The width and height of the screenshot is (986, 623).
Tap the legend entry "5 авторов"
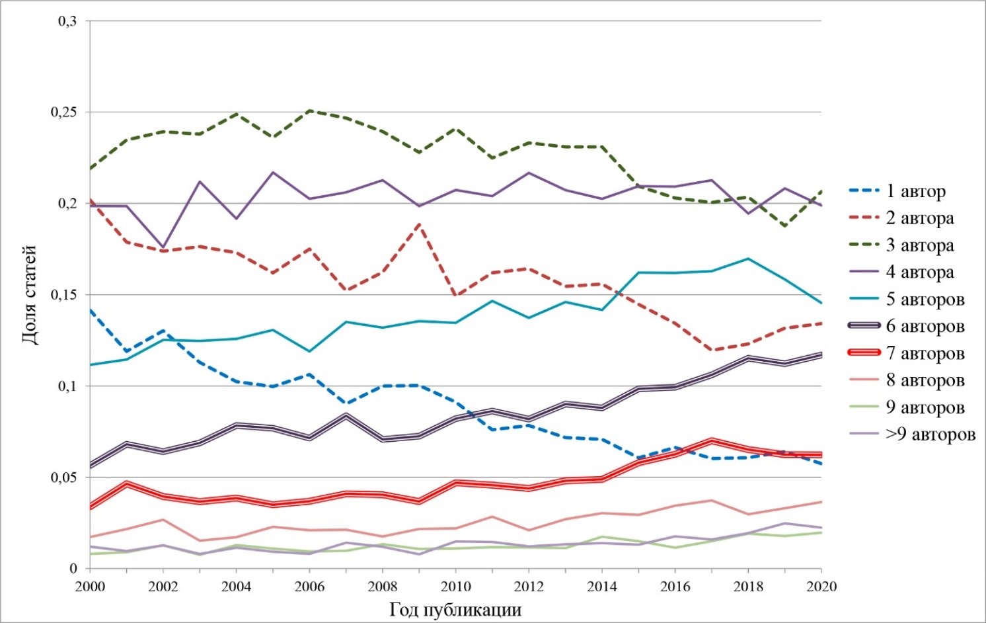[907, 299]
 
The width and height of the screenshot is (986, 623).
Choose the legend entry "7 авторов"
[907, 353]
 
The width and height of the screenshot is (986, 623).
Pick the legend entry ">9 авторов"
[912, 435]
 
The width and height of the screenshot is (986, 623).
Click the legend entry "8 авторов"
[907, 380]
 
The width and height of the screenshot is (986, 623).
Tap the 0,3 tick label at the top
[67, 21]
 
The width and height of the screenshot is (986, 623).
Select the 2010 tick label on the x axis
[455, 587]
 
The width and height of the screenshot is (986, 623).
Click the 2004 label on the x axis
[236, 587]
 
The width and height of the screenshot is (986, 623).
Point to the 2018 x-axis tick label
[748, 587]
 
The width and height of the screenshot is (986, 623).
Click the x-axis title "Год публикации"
[455, 610]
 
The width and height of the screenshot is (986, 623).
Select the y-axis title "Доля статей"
[30, 294]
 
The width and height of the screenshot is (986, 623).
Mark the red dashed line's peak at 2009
[420, 224]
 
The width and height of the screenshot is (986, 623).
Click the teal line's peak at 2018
[748, 258]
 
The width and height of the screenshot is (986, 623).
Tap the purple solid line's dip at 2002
[163, 247]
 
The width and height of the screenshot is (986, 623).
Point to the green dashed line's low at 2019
[784, 226]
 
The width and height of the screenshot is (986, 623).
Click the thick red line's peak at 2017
[711, 440]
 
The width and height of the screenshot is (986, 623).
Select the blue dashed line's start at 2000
[91, 310]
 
